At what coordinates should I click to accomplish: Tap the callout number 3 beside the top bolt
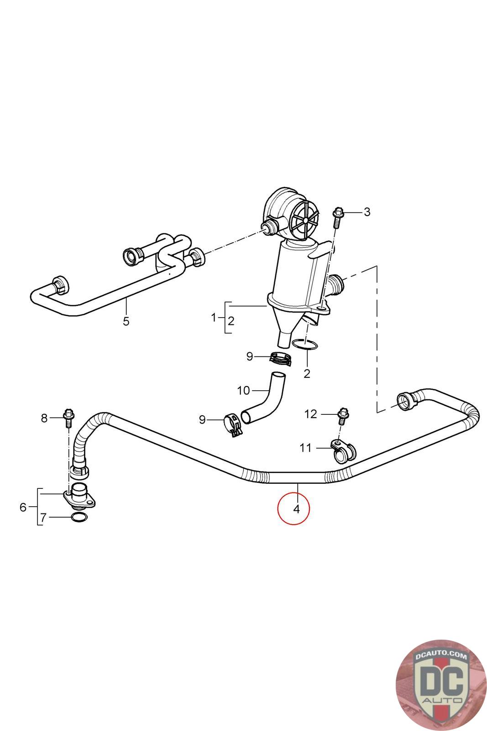click(367, 212)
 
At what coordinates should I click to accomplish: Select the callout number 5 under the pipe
click(126, 321)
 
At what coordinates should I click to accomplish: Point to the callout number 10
click(244, 391)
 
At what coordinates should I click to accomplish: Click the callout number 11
click(306, 448)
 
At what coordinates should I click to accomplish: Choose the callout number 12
click(310, 414)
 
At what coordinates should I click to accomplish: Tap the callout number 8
click(44, 418)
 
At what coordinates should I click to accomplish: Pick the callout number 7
click(43, 517)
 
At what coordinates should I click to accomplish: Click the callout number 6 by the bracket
click(23, 507)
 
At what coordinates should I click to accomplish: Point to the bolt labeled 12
click(341, 415)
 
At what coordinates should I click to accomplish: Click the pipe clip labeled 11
click(343, 450)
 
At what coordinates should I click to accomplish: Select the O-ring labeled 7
click(79, 517)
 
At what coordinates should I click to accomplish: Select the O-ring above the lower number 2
click(304, 345)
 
